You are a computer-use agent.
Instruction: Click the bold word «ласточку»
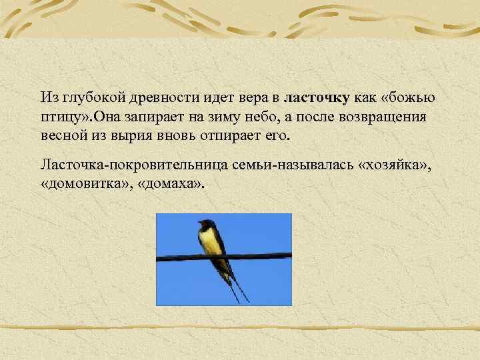tap(317, 98)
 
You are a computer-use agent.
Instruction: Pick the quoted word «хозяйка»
tap(395, 164)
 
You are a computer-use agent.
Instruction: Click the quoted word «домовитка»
tap(84, 183)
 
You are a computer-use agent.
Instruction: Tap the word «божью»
tap(411, 98)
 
